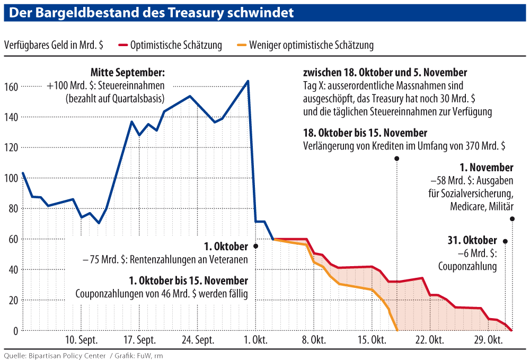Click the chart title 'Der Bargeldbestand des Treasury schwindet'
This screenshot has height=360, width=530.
click(x=152, y=13)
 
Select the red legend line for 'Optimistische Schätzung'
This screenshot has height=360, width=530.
click(x=124, y=45)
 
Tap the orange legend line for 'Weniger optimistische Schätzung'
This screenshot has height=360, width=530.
click(x=240, y=45)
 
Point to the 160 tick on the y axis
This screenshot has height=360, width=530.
click(x=12, y=86)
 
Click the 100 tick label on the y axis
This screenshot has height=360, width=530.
click(x=12, y=178)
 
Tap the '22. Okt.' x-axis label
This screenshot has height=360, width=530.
click(x=429, y=340)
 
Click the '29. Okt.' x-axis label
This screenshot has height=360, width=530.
click(x=488, y=340)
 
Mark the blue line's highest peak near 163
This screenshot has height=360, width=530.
click(x=248, y=81)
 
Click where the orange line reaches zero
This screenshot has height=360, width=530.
click(x=397, y=330)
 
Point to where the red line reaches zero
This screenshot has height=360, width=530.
click(x=511, y=330)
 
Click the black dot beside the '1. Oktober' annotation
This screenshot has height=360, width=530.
click(x=255, y=246)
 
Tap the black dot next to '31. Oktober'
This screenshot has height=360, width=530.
click(x=505, y=241)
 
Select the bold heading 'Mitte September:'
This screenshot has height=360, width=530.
click(x=128, y=72)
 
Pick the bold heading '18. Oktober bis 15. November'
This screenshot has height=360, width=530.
click(x=365, y=133)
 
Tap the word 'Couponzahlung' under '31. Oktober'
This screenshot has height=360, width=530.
click(x=467, y=267)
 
